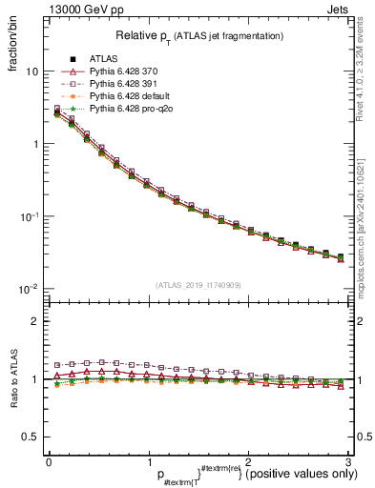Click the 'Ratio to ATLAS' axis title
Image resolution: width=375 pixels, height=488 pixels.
(12, 379)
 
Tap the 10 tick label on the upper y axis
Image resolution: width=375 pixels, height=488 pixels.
(31, 71)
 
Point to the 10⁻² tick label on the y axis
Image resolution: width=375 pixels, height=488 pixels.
(30, 289)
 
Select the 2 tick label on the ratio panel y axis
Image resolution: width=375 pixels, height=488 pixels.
(34, 321)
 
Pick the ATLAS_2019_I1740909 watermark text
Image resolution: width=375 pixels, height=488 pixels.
(198, 286)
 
